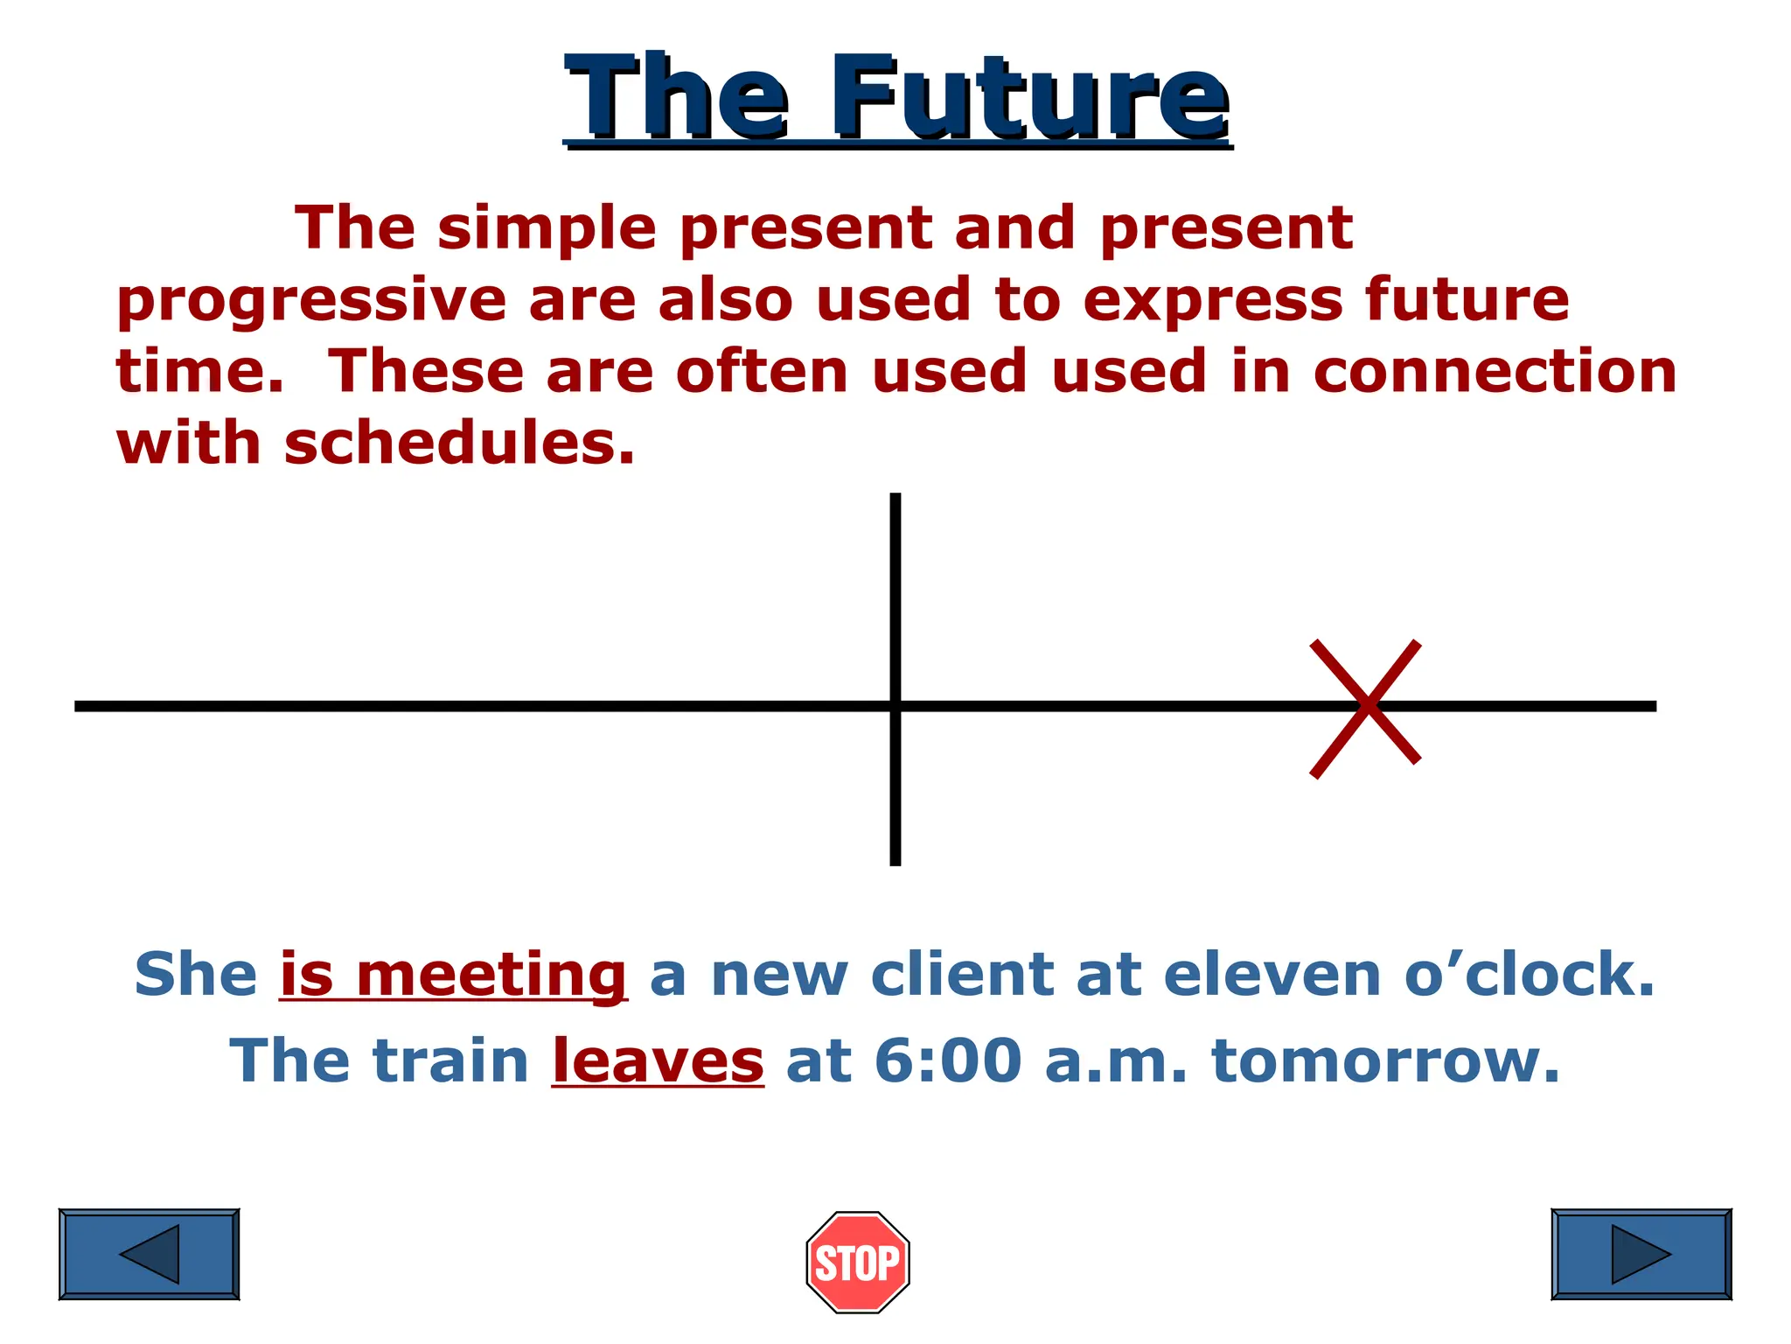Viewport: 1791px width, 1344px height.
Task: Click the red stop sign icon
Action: coord(857,1262)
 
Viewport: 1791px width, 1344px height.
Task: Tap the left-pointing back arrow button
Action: coord(149,1254)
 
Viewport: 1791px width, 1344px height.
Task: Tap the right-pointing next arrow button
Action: coord(1641,1254)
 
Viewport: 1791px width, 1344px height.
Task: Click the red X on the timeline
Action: coord(1366,707)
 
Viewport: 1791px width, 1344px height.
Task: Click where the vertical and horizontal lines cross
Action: coord(895,705)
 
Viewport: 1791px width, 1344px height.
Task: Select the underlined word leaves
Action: coord(658,1060)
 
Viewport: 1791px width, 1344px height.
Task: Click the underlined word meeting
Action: coord(491,975)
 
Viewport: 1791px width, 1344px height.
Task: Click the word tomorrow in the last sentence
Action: coord(1385,1060)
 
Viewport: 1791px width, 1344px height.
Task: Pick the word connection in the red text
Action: coord(1495,371)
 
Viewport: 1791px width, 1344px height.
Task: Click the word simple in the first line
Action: coord(547,229)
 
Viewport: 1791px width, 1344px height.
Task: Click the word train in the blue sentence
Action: coord(451,1060)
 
